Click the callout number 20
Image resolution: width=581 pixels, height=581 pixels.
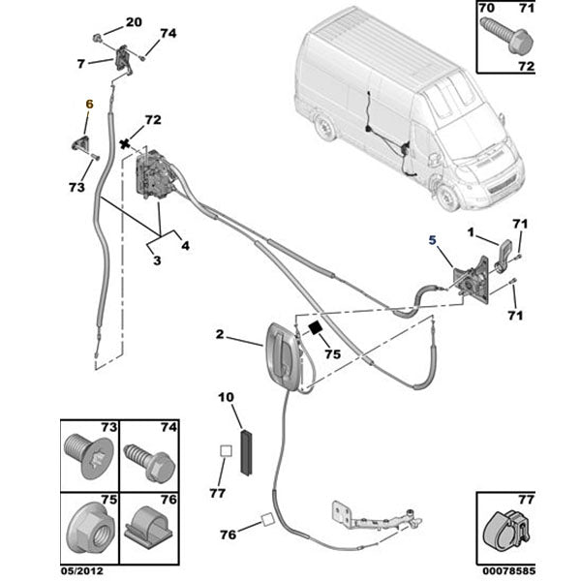tap(134, 21)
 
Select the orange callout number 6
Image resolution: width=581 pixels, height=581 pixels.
tap(89, 103)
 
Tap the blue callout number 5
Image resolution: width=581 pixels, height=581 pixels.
tap(433, 235)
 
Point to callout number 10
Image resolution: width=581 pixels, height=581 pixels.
tap(226, 397)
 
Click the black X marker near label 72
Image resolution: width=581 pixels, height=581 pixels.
tap(124, 144)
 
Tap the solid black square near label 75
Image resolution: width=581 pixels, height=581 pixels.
tap(314, 329)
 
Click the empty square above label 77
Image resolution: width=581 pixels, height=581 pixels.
tap(224, 450)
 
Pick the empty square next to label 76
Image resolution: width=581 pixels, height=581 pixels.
tap(265, 522)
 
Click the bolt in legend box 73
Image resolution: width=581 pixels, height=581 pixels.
tap(85, 455)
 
